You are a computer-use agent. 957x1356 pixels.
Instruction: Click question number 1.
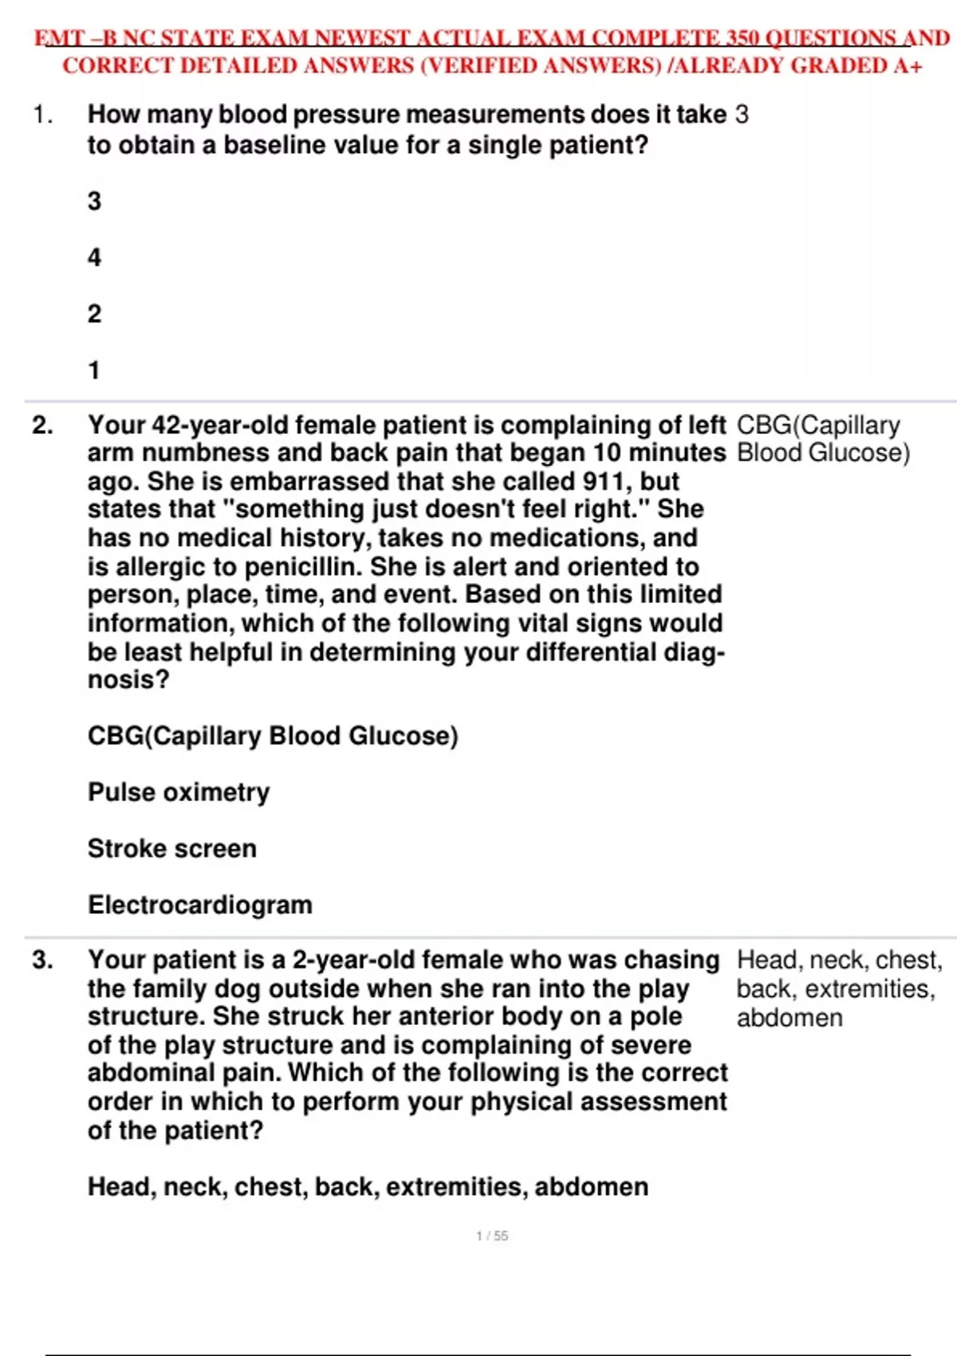(x=42, y=115)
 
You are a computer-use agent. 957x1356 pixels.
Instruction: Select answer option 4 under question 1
(x=94, y=258)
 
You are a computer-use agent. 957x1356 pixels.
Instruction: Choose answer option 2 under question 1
(x=94, y=313)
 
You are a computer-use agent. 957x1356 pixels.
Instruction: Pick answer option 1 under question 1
(x=94, y=370)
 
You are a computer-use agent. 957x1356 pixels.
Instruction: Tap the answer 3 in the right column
(x=742, y=115)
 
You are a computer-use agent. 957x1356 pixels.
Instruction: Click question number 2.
(x=42, y=425)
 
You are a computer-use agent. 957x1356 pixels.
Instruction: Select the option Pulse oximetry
(x=179, y=792)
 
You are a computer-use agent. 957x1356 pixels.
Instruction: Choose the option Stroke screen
(x=172, y=848)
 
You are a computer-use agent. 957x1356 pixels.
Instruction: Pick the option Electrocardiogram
(x=200, y=905)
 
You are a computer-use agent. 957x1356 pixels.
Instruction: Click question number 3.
(x=42, y=960)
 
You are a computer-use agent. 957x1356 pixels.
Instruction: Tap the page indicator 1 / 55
(x=492, y=1236)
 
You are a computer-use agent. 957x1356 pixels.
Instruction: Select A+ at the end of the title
(x=908, y=66)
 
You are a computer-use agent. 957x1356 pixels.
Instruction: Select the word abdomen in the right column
(x=790, y=1018)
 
